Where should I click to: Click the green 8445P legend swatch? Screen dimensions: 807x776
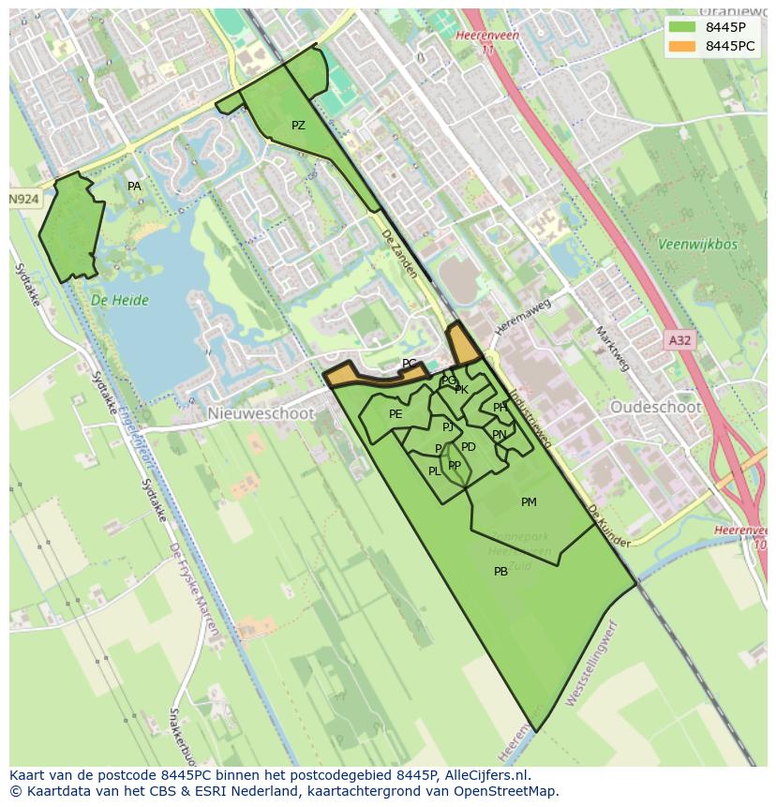point(682,27)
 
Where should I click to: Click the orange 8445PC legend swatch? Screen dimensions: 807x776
point(682,46)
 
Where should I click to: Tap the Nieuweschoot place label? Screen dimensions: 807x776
point(261,413)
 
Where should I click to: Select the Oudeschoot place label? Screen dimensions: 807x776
point(655,407)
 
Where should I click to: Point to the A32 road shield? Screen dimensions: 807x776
point(679,340)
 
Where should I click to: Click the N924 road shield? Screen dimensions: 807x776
point(24,200)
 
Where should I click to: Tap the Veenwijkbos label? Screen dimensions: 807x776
point(697,245)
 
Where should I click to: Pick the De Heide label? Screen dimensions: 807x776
point(120,301)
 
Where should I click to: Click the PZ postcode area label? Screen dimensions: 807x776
point(298,126)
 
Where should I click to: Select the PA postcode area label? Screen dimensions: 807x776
point(134,187)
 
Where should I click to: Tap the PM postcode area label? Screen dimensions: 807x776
point(529,502)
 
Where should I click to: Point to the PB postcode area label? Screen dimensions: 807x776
point(500,572)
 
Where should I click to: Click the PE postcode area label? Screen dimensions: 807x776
point(395,414)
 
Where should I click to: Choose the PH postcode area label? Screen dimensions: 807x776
point(500,408)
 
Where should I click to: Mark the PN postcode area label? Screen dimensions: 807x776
point(499,435)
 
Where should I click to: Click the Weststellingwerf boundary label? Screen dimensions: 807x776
point(593,664)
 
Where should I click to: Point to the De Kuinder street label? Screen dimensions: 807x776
point(608,526)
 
